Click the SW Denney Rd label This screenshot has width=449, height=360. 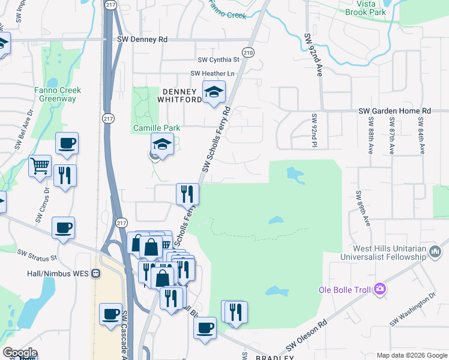point(142,40)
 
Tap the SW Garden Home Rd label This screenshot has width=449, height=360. point(394,111)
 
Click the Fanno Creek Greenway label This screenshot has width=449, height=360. point(58,94)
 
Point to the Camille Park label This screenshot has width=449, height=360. point(156,128)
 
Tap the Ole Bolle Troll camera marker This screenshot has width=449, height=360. point(379,290)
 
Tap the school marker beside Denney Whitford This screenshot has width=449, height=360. point(213,92)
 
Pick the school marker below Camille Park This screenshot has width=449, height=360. point(161,145)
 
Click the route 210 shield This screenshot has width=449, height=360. point(248,53)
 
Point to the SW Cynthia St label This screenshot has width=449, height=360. point(218,60)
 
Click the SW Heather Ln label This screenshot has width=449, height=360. point(212,74)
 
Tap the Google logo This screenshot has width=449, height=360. point(19,353)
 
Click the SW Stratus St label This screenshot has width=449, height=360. point(37,256)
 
